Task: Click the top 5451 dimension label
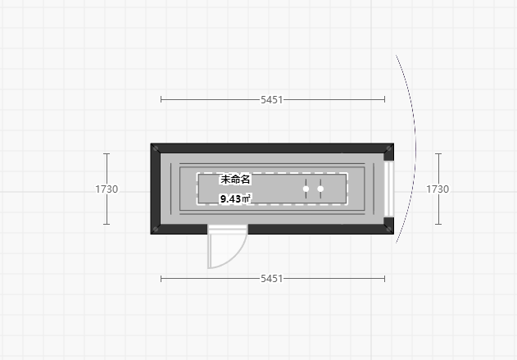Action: pos(272,99)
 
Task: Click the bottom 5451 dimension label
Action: pos(272,279)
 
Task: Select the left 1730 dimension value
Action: pos(107,189)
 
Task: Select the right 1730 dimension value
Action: pos(438,189)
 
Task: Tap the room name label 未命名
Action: pos(235,179)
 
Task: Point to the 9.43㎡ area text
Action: pos(235,198)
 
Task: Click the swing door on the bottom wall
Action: pos(225,248)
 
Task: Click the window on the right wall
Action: pos(390,189)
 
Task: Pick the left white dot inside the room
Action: pos(306,189)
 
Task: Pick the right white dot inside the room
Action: pos(320,189)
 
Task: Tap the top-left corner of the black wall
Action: pos(154,147)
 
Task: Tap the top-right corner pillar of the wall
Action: pos(389,148)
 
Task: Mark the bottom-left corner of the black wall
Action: pos(154,230)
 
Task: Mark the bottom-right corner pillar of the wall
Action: pos(389,229)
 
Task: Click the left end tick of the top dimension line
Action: pos(161,99)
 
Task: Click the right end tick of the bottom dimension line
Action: pos(384,279)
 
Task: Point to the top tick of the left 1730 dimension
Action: pos(107,153)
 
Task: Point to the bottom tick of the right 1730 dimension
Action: pos(438,224)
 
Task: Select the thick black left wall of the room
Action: pos(156,189)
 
